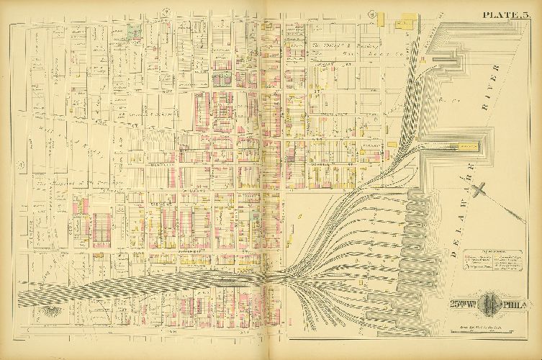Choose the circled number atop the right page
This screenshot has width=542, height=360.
click(374, 12)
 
